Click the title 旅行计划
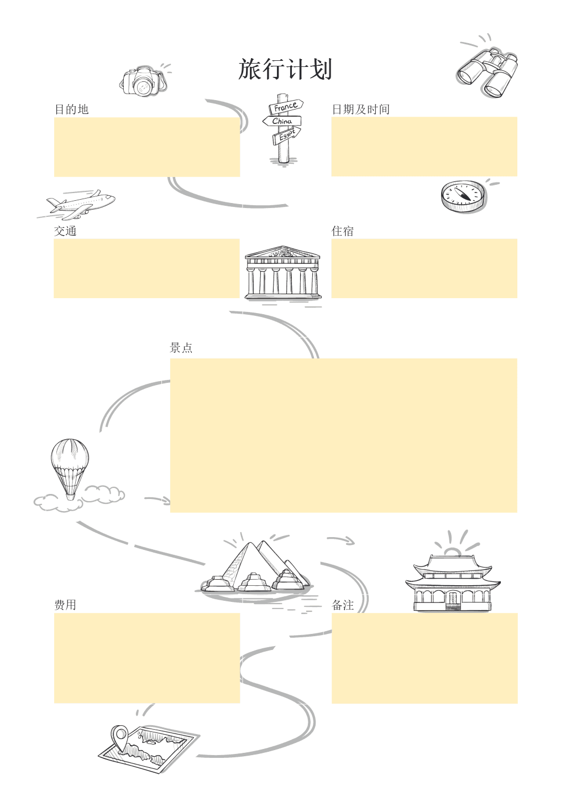pyautogui.click(x=285, y=70)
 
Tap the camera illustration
pyautogui.click(x=143, y=82)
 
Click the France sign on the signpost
pyautogui.click(x=286, y=107)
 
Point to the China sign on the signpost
pyautogui.click(x=282, y=121)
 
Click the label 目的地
pyautogui.click(x=71, y=110)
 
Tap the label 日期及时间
pyautogui.click(x=360, y=110)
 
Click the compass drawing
pyautogui.click(x=463, y=195)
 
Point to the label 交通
pyautogui.click(x=65, y=231)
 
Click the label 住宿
pyautogui.click(x=343, y=231)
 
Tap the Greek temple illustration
pyautogui.click(x=282, y=273)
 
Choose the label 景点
pyautogui.click(x=181, y=348)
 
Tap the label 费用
pyautogui.click(x=65, y=605)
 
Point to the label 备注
pyautogui.click(x=343, y=605)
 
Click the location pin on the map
pyautogui.click(x=119, y=736)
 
